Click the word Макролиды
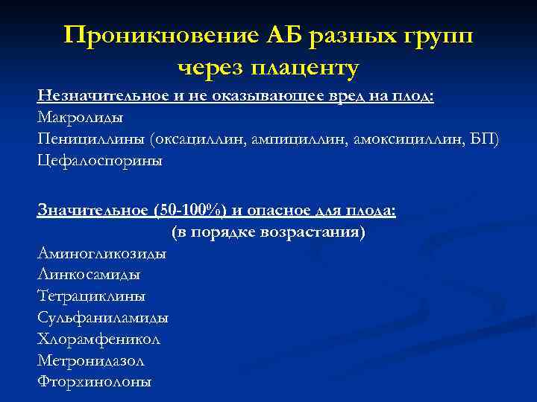click(x=80, y=118)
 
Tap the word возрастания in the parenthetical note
click(x=313, y=232)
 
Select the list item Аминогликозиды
click(x=101, y=254)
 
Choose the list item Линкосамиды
click(x=89, y=275)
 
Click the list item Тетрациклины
click(x=91, y=296)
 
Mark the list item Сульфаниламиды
click(x=103, y=318)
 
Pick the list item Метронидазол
click(x=91, y=360)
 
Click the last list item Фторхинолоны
click(x=94, y=382)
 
